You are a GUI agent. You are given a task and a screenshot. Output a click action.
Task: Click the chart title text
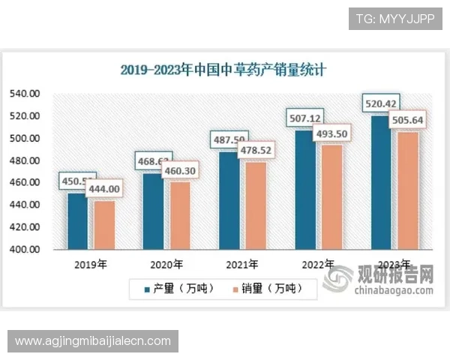[x=224, y=70]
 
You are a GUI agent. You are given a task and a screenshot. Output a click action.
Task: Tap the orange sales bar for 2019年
[x=104, y=224]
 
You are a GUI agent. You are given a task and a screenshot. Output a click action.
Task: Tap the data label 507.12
[x=306, y=118]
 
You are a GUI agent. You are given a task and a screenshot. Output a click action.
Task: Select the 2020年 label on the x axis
[x=166, y=264]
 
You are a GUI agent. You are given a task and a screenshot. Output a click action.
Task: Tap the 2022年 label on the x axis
[x=318, y=264]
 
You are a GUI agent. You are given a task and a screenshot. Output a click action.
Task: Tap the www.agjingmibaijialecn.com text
[x=93, y=341]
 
